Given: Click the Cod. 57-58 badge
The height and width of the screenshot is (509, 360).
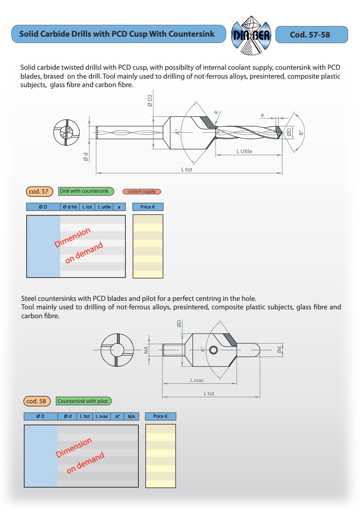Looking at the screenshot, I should (x=311, y=35).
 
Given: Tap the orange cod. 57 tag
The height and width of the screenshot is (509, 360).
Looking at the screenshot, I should (x=40, y=192).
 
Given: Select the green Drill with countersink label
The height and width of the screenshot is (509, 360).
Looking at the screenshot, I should (x=86, y=191).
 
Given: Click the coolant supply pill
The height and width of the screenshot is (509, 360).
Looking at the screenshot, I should (x=142, y=192).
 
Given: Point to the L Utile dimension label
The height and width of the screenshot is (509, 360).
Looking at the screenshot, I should (x=244, y=151).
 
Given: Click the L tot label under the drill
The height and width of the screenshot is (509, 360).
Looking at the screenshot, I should (x=187, y=169).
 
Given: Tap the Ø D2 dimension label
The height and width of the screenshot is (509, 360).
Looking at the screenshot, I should (x=150, y=100).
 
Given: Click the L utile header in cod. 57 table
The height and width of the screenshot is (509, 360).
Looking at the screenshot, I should (x=104, y=207).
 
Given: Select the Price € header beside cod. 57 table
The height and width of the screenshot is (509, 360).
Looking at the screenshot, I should (x=148, y=207).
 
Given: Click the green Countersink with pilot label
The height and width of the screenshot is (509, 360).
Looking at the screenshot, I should (x=84, y=401).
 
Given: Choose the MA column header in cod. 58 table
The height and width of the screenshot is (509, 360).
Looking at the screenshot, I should (x=131, y=416).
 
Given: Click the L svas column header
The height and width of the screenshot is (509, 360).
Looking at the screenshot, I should (x=101, y=416).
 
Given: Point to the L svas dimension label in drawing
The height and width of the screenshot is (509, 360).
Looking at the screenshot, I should (x=197, y=380).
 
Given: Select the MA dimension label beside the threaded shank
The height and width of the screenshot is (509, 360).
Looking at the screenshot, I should (x=146, y=350).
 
